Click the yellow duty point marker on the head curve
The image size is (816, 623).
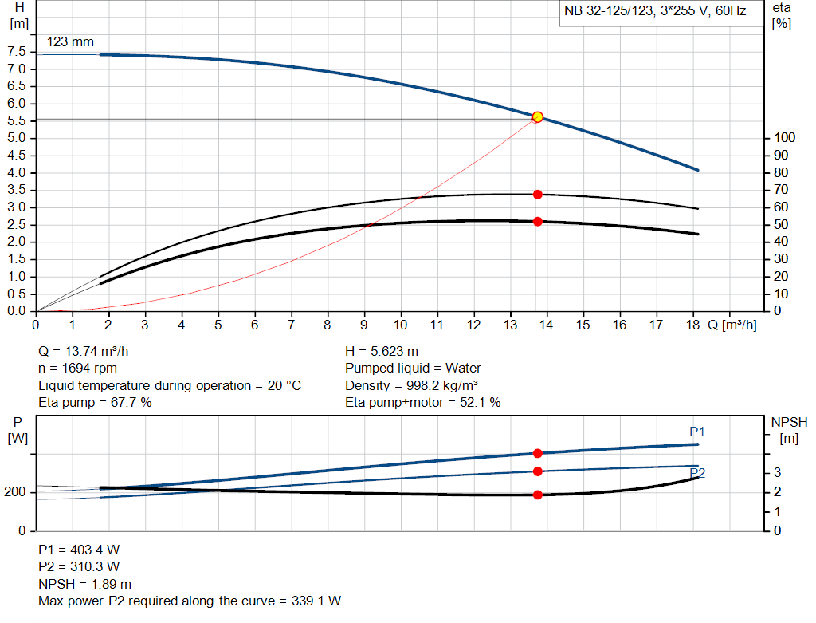[x=537, y=117]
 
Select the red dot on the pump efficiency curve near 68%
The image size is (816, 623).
[x=538, y=195]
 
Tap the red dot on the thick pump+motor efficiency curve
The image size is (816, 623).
[x=538, y=221]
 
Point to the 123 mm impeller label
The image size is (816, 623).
[x=70, y=41]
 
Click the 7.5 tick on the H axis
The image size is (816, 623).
[x=16, y=52]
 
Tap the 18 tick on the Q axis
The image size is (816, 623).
[x=692, y=325]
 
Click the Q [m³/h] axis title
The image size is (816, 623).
[x=732, y=325]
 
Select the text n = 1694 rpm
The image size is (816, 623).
[x=78, y=369]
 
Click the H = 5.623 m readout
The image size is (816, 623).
[x=382, y=351]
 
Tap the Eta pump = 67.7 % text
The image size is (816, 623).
[x=96, y=403]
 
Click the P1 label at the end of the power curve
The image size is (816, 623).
[x=697, y=432]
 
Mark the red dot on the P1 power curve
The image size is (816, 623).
[x=538, y=453]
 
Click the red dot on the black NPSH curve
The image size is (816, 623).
[x=538, y=495]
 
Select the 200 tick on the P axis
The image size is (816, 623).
[x=17, y=492]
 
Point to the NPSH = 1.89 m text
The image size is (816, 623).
[x=85, y=584]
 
